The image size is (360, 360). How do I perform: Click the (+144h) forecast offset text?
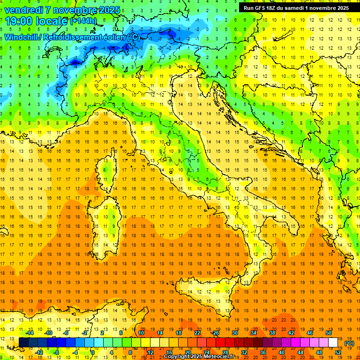[x=83, y=21]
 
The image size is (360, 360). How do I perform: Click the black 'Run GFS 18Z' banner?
[x=296, y=7]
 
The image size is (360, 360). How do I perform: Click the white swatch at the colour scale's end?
[x=333, y=342]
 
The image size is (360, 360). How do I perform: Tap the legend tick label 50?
[x=329, y=333]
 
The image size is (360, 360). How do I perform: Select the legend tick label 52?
[x=338, y=352]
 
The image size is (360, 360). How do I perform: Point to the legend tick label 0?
[x=93, y=352]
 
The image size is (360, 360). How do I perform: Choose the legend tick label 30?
[x=234, y=333]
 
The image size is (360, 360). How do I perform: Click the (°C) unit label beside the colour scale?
[x=349, y=343]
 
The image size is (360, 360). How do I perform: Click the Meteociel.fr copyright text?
[x=202, y=357]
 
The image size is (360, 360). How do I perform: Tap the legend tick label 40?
[x=282, y=352]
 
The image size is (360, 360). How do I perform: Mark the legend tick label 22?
[x=197, y=333]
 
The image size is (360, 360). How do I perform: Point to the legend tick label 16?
[x=169, y=352]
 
